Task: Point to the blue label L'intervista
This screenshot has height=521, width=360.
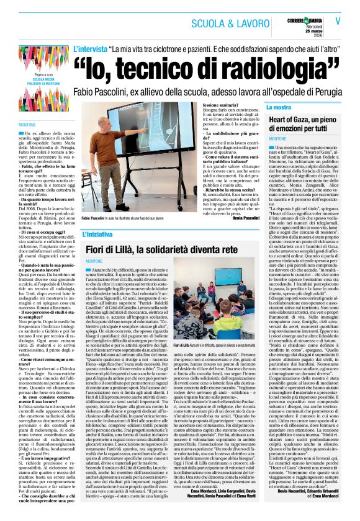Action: coord(89,48)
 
